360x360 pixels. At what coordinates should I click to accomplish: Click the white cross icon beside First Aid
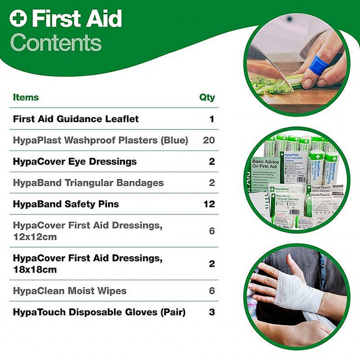point(18,19)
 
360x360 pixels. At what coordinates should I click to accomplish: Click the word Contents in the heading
point(56,43)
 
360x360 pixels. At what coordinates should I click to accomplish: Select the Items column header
point(26,97)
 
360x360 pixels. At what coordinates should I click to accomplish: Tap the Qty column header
point(207,97)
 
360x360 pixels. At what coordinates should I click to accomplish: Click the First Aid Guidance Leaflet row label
point(76,119)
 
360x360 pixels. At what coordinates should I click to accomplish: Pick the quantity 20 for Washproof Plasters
point(208,140)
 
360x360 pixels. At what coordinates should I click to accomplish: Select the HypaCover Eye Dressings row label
point(75,161)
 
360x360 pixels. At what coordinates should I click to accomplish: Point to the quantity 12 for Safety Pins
point(208,204)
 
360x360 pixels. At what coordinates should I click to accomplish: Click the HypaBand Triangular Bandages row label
point(88,183)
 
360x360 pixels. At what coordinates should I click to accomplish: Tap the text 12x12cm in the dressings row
point(34,237)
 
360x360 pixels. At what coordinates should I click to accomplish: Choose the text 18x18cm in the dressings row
point(34,269)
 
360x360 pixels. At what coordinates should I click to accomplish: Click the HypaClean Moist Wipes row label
point(69,291)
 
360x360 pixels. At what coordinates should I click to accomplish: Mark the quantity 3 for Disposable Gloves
point(211,312)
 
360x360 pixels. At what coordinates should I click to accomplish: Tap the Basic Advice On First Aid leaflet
point(265,169)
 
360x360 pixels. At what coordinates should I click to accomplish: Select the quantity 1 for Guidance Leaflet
point(211,119)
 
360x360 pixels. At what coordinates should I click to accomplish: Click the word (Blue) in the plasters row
point(175,140)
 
